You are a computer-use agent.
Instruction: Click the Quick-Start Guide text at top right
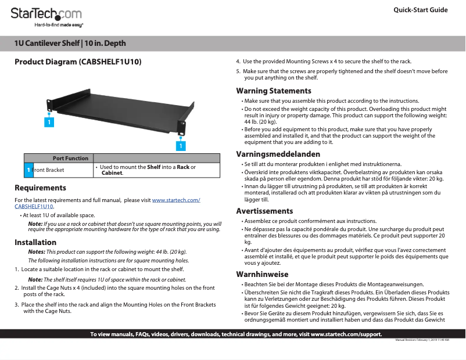click(x=420, y=10)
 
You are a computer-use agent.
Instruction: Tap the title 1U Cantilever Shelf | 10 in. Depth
click(x=70, y=44)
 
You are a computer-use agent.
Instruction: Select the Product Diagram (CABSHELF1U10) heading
click(x=78, y=61)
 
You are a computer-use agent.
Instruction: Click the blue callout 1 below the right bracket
click(x=181, y=146)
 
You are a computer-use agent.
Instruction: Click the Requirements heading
click(x=40, y=188)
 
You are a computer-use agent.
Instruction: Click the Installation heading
click(x=35, y=242)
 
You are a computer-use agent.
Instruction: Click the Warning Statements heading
click(x=273, y=91)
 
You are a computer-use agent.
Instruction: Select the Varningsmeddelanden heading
click(x=278, y=154)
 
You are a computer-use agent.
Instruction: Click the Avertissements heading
click(x=264, y=211)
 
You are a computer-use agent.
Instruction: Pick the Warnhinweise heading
click(x=262, y=274)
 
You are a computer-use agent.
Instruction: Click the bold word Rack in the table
click(x=183, y=167)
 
